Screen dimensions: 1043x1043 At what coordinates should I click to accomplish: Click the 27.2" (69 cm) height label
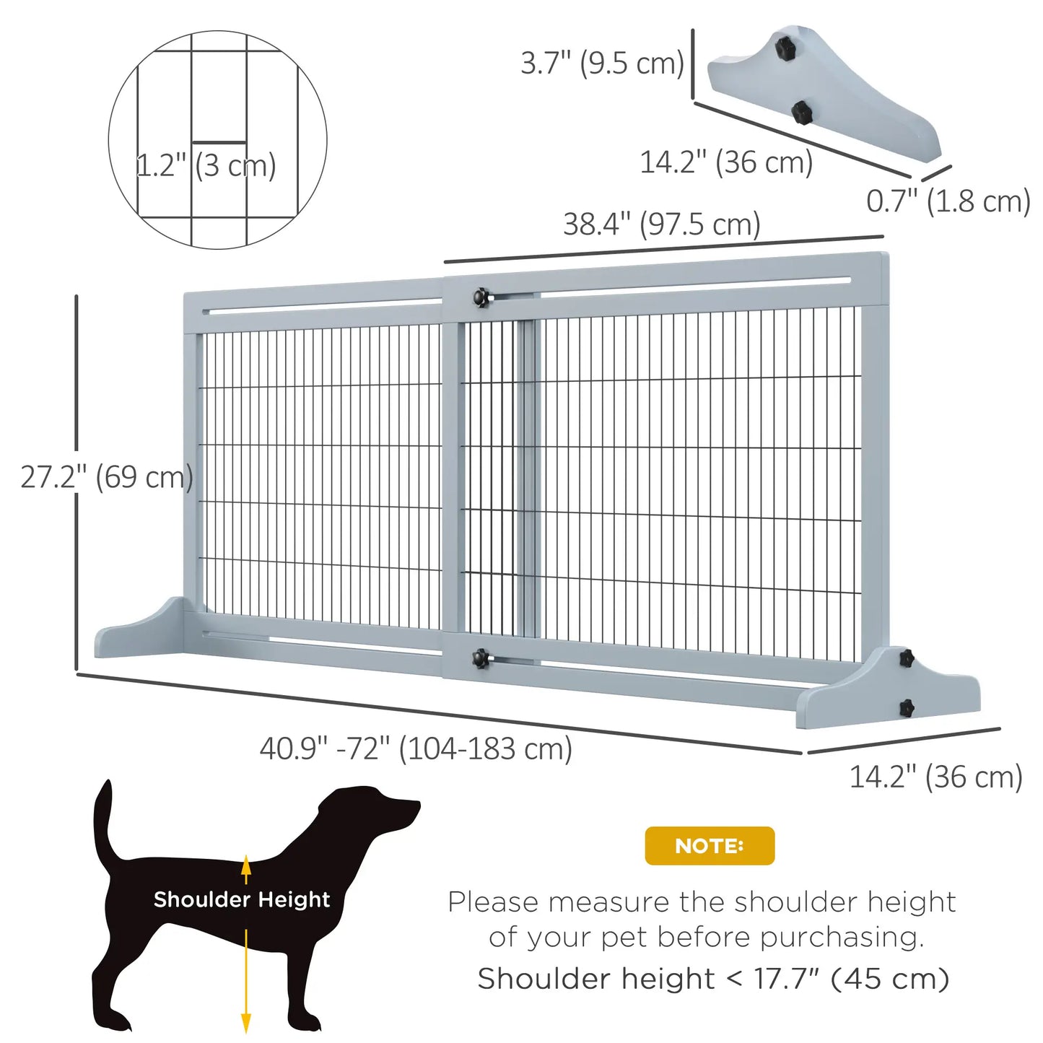(106, 477)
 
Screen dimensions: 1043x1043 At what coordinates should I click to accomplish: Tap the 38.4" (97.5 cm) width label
(661, 224)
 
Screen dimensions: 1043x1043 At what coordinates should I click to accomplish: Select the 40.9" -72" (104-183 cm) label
(416, 749)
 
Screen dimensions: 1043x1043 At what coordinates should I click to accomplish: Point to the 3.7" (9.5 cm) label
(602, 63)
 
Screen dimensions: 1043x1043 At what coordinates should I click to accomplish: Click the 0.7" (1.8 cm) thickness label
(948, 201)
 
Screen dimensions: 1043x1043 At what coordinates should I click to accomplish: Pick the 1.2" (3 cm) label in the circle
(206, 165)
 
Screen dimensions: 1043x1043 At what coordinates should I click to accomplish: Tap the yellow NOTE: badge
(709, 845)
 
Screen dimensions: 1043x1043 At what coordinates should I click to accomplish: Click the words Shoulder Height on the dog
(241, 899)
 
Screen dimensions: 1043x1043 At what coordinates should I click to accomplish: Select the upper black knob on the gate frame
(481, 297)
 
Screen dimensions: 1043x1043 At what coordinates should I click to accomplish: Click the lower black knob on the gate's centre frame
(480, 658)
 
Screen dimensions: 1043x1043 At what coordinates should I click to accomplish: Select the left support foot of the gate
(141, 632)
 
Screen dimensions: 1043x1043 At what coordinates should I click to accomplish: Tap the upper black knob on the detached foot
(785, 48)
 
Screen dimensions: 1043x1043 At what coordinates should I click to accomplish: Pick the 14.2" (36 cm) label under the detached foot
(726, 162)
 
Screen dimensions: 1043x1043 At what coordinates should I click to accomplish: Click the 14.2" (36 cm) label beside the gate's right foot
(935, 777)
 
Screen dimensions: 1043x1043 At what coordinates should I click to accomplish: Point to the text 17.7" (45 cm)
(851, 979)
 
